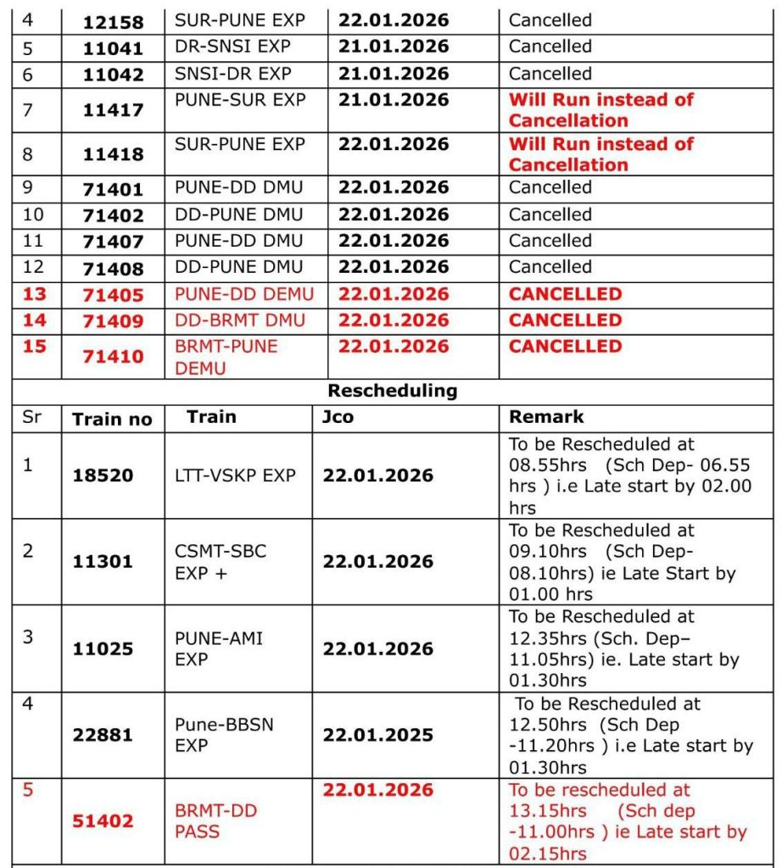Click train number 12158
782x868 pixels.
coord(113,21)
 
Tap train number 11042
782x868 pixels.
coord(113,75)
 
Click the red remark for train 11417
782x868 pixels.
coord(600,110)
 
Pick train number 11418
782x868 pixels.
coord(113,154)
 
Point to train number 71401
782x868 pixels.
coord(113,190)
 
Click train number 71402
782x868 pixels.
coord(113,216)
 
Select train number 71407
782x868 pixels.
coord(113,242)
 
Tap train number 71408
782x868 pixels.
coord(113,269)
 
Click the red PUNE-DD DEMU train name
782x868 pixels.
coord(244,294)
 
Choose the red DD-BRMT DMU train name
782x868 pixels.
coord(238,320)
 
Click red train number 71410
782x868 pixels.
coord(113,357)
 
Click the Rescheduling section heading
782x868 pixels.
coord(392,391)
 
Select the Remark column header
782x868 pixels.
coord(545,417)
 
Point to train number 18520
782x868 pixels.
coord(102,476)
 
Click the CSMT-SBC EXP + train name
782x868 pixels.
coord(221,561)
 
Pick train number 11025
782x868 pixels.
coord(102,649)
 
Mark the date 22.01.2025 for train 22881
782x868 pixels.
coord(377,735)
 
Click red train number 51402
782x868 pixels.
coord(102,821)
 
